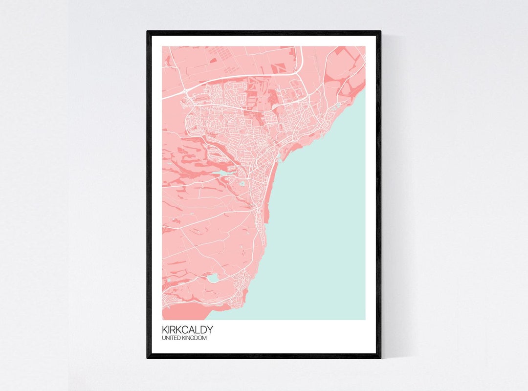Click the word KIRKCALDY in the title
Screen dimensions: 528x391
pos(187,330)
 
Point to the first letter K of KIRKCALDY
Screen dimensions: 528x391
pos(165,330)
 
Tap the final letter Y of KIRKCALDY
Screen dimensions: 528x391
pos(209,330)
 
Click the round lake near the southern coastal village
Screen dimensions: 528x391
pos(213,278)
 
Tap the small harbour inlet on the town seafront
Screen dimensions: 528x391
pos(279,158)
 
